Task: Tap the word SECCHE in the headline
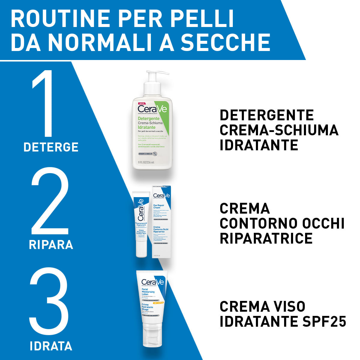(225, 43)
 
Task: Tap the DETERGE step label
(51, 147)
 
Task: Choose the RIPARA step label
(51, 245)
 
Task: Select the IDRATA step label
(51, 346)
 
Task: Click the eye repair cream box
(162, 222)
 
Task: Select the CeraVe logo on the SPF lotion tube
(153, 282)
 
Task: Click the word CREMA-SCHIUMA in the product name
(279, 130)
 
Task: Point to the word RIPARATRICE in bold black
(266, 238)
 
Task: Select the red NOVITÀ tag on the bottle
(141, 103)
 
